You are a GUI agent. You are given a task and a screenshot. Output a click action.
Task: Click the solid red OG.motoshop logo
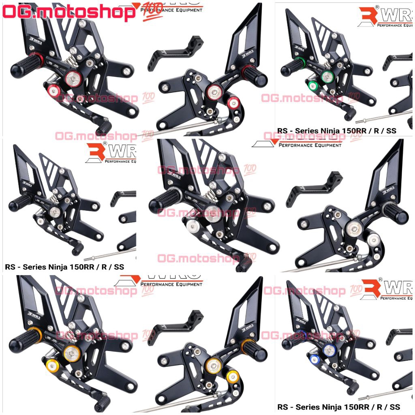point(69,12)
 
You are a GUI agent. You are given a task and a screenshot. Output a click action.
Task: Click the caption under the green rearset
point(336,130)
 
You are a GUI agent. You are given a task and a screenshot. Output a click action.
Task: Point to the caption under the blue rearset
point(338,406)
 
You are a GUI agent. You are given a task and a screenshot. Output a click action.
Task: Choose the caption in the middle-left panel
point(64,267)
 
